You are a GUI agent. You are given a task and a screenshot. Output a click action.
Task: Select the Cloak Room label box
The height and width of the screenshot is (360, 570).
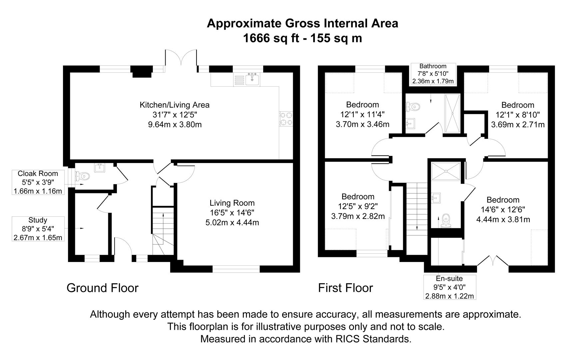[x=38, y=182]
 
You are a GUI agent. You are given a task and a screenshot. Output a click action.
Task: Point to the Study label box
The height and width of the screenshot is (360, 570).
[x=38, y=229]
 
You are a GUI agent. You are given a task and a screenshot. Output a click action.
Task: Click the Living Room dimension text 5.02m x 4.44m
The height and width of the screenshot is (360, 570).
[x=232, y=222]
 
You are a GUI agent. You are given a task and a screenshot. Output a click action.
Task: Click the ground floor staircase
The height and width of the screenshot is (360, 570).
[x=163, y=230]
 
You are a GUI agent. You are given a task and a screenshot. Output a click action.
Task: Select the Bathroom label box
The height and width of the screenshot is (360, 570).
[x=433, y=74]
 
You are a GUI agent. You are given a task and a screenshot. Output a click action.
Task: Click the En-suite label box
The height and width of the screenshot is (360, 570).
[x=449, y=287]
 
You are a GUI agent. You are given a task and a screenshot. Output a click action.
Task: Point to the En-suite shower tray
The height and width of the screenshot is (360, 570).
[x=446, y=171]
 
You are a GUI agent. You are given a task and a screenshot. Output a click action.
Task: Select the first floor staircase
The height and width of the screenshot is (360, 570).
[x=416, y=213]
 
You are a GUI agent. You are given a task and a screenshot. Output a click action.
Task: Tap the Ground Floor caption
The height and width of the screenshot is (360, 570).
[x=102, y=288]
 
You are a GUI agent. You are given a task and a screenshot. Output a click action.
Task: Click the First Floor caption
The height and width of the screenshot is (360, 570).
[x=345, y=288]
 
